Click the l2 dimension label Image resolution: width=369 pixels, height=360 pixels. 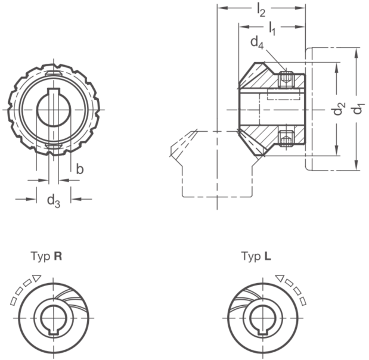click(261, 11)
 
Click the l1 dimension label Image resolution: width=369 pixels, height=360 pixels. click(272, 29)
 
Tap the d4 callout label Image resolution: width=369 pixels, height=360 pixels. click(257, 43)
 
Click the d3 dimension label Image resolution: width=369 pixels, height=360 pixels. click(54, 201)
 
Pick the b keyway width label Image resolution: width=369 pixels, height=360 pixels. click(80, 169)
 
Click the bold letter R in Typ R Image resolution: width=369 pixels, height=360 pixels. click(58, 256)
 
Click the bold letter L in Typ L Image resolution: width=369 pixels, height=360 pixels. click(268, 256)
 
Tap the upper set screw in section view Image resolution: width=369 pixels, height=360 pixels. click(286, 79)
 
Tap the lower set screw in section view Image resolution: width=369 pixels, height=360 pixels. click(286, 139)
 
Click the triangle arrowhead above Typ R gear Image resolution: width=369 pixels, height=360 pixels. click(37, 278)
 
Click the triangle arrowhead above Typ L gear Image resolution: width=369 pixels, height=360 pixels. click(280, 278)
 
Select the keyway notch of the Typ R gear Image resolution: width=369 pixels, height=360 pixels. click(54, 331)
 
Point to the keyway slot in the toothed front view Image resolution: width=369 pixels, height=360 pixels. click(54, 91)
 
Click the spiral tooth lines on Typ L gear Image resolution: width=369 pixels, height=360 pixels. click(246, 297)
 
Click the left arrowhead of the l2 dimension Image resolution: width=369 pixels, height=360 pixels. click(222, 8)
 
